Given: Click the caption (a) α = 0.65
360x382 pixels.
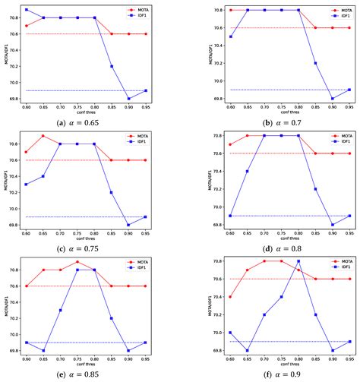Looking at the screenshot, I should tap(90, 123).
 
